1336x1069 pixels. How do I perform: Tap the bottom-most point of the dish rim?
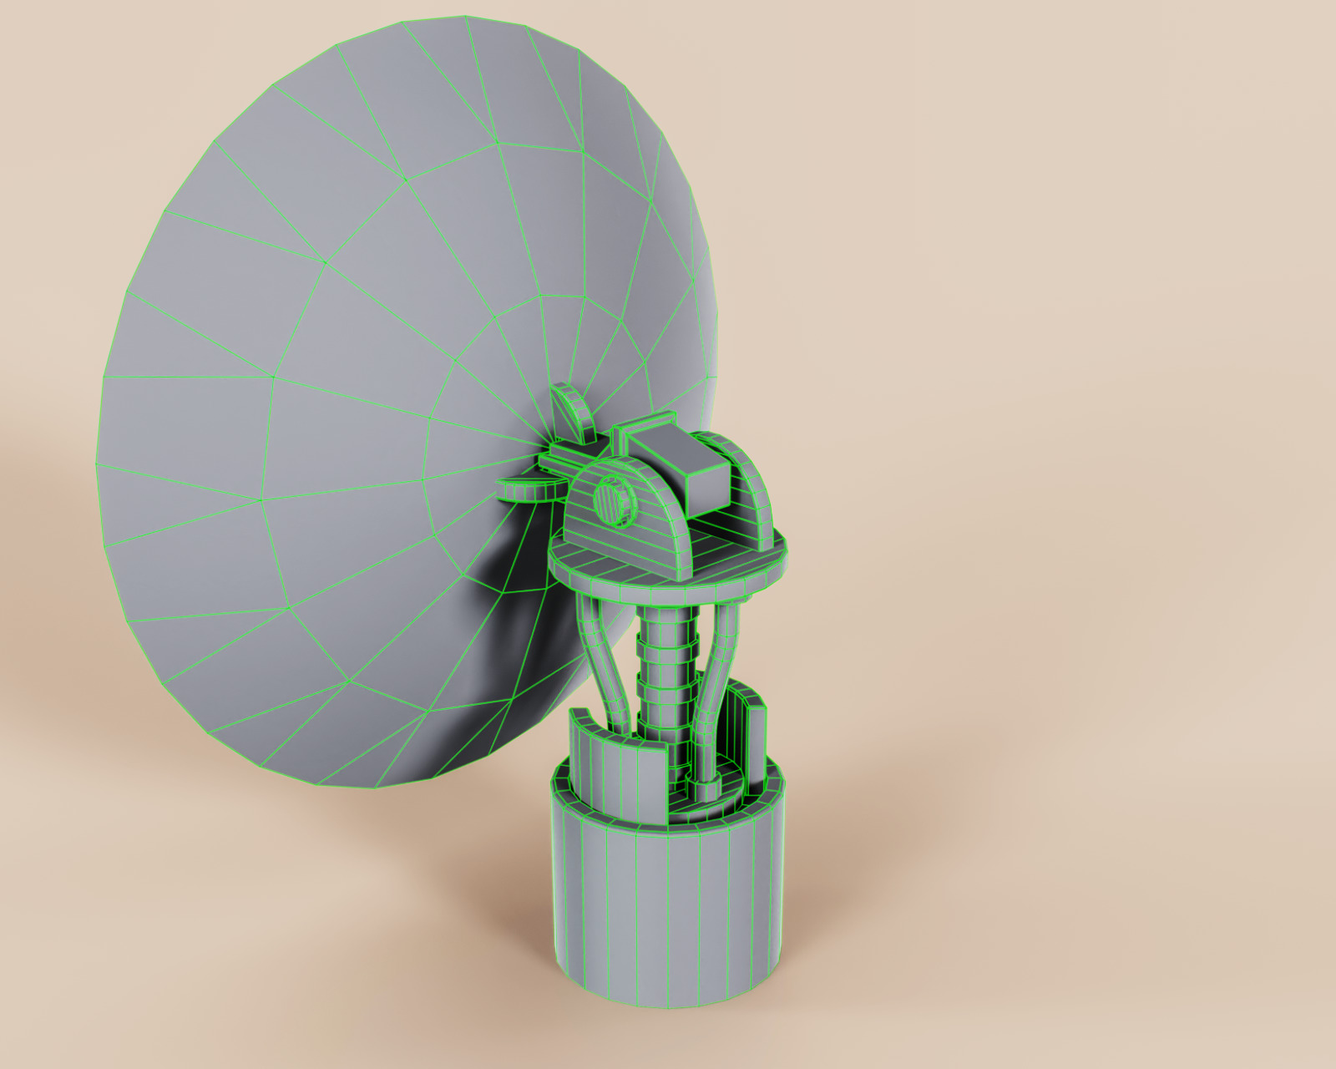click(x=376, y=788)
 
